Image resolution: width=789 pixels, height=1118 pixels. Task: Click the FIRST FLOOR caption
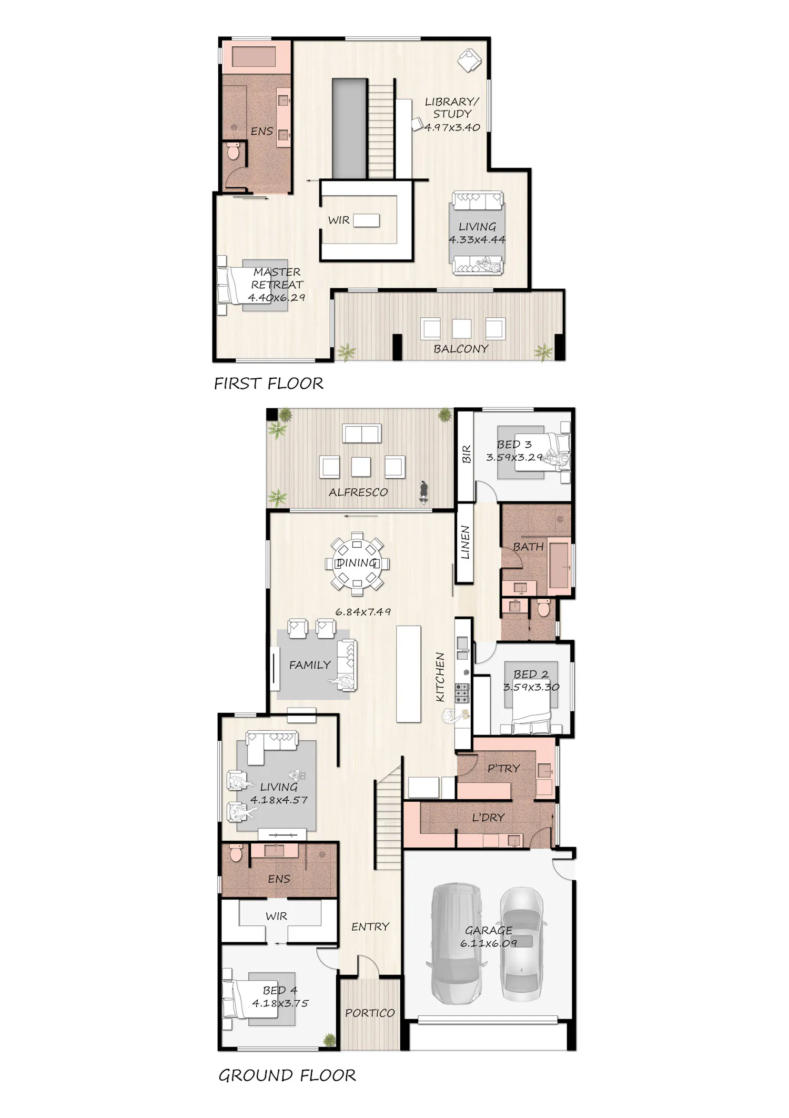click(x=268, y=384)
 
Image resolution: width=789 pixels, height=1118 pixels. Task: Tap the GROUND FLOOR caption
click(x=287, y=1075)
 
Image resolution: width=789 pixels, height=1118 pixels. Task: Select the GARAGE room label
click(x=489, y=930)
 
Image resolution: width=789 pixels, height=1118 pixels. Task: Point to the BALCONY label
click(x=461, y=349)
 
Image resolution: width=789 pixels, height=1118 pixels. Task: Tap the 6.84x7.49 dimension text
click(x=363, y=612)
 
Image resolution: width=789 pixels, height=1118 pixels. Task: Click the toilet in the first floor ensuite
click(x=234, y=152)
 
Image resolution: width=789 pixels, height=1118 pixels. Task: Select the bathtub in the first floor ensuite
click(x=254, y=57)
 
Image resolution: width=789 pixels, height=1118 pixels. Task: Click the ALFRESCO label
click(x=358, y=492)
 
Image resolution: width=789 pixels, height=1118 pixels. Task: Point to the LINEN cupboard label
click(x=465, y=543)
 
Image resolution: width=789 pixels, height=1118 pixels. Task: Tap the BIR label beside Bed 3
click(x=466, y=454)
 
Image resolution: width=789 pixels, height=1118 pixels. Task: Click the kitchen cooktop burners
click(x=462, y=693)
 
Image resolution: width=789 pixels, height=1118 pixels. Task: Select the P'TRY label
click(x=503, y=768)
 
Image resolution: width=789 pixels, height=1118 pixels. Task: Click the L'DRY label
click(x=488, y=818)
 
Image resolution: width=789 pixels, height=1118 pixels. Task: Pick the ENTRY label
click(x=370, y=926)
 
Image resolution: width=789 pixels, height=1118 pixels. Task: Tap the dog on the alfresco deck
click(x=423, y=492)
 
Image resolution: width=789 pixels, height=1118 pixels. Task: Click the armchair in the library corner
click(x=469, y=60)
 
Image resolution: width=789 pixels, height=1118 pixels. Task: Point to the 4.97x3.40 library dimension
click(x=452, y=127)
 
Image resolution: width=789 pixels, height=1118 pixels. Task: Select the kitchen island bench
click(x=409, y=674)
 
